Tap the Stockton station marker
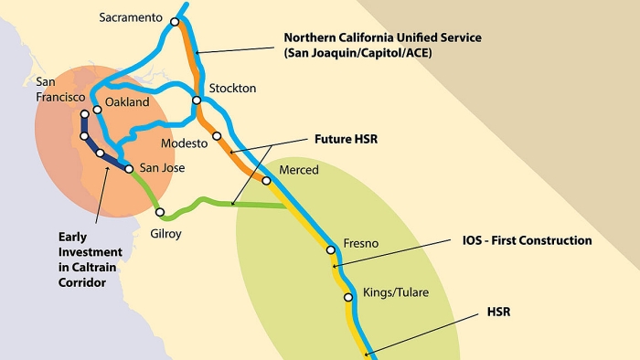coord(197,101)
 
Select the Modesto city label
coord(185,144)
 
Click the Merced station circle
coord(267,180)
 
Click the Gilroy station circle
coord(160,213)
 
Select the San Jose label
coord(161,168)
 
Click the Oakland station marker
coord(97,111)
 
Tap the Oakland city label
coord(127,102)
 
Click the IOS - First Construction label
coord(527,240)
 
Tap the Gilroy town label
coord(166,234)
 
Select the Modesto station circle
coord(218,136)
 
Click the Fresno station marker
coord(333,247)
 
